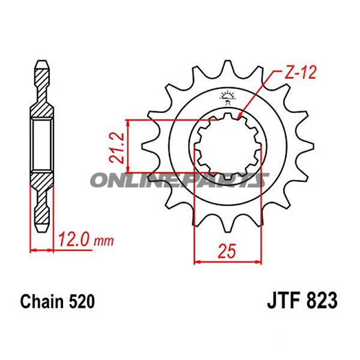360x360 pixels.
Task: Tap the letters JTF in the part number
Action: point(280,300)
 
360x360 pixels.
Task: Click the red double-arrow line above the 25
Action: point(228,261)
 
